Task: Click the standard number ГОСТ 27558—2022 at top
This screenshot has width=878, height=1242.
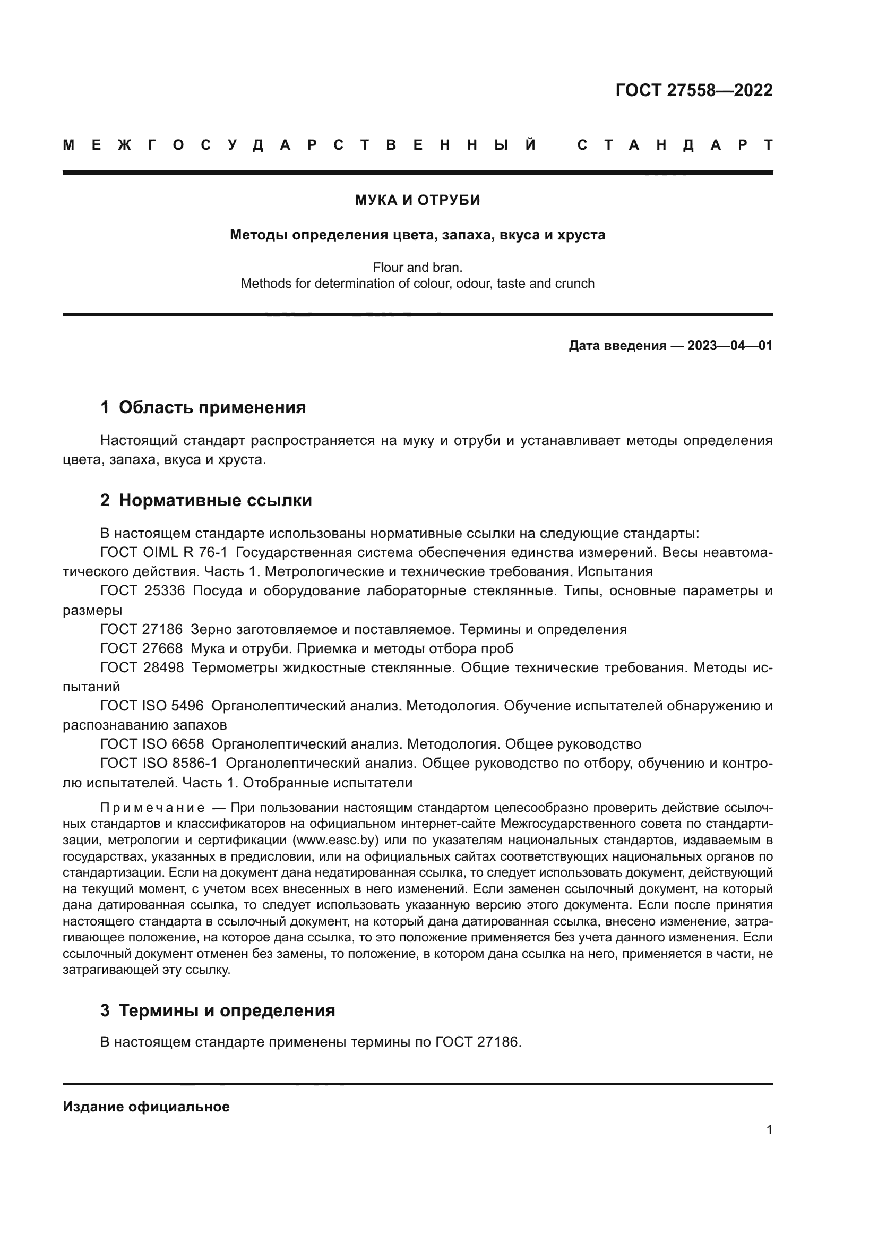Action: point(694,90)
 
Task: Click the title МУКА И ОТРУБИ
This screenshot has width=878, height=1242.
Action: point(417,201)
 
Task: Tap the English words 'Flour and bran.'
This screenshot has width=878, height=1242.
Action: point(417,267)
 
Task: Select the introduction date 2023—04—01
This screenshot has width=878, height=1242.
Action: point(730,346)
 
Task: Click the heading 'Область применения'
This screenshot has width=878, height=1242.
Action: point(212,407)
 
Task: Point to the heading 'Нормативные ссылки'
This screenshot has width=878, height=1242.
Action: point(215,500)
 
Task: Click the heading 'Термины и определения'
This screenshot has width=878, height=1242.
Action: point(227,1010)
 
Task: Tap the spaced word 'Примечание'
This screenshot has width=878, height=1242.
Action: point(152,808)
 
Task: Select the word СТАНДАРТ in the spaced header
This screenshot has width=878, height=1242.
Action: point(675,145)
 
